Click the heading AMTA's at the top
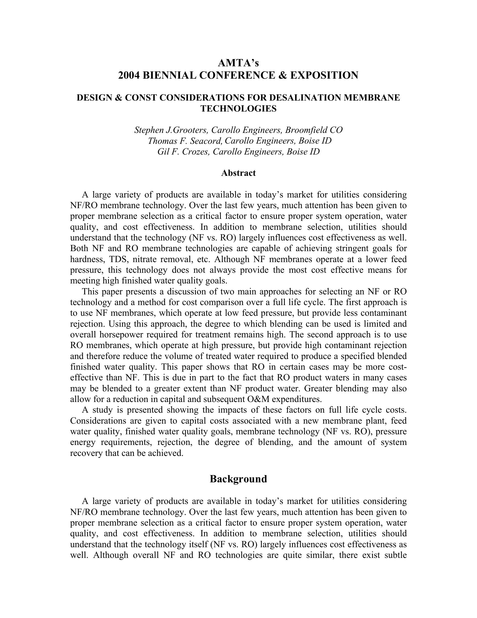tap(238, 63)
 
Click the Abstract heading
tap(238, 173)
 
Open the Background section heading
tap(238, 479)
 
